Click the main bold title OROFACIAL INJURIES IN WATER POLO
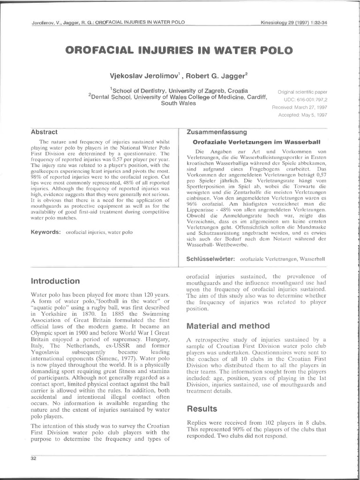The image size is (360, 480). click(x=180, y=50)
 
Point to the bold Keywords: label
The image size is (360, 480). click(x=46, y=232)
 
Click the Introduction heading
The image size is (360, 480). click(x=55, y=281)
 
